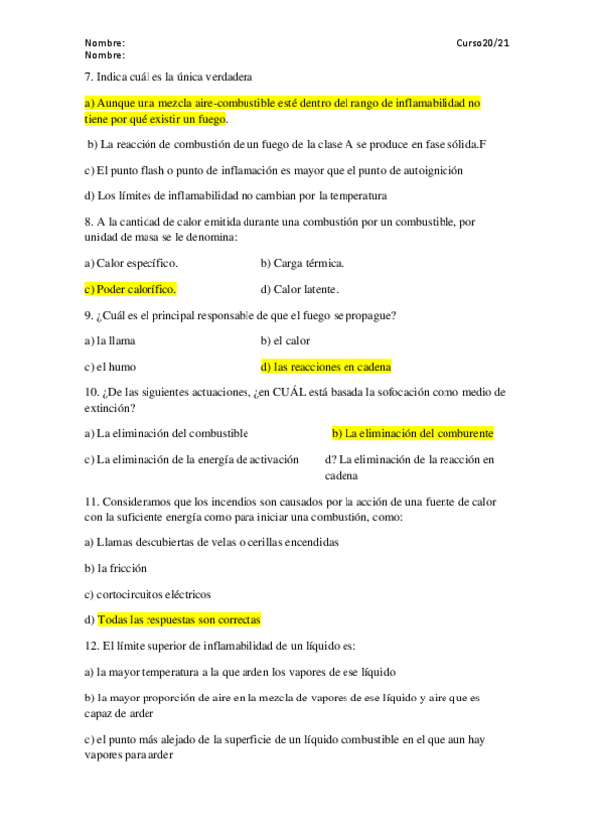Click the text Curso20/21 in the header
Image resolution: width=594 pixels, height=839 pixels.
[483, 44]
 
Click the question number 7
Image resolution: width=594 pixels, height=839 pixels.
[88, 76]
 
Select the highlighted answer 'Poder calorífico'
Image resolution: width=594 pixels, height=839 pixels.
[137, 289]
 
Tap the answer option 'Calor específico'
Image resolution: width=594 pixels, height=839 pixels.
[137, 263]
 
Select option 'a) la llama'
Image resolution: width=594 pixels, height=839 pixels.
[110, 340]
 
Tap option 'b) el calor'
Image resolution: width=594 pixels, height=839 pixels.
[285, 340]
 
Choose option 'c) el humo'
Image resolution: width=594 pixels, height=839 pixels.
[110, 366]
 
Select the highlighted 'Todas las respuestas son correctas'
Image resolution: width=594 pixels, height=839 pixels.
[178, 620]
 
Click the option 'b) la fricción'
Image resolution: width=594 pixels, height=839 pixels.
[115, 569]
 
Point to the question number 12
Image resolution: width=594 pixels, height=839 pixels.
[91, 646]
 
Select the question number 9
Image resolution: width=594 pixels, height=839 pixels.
[88, 315]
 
